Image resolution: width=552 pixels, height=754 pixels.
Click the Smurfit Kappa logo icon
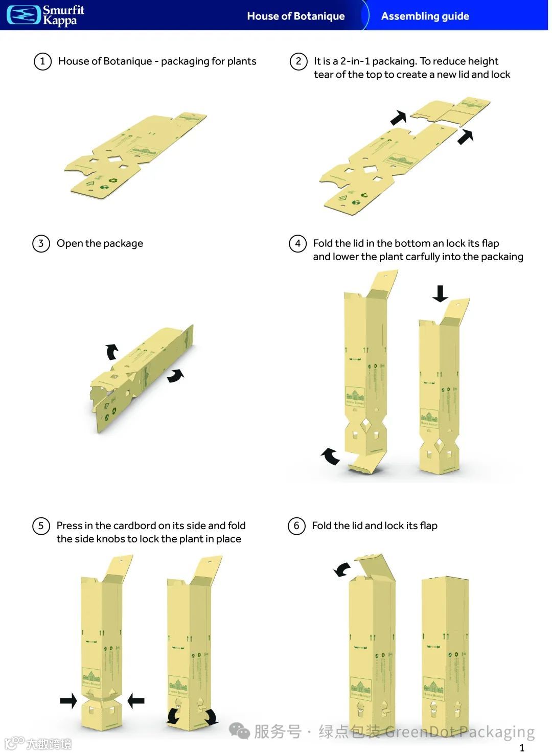23,15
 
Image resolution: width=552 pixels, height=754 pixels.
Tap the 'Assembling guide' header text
425,16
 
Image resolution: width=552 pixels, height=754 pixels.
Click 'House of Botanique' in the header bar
295,16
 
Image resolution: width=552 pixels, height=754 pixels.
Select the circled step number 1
42,62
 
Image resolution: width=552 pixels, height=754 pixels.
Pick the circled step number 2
298,62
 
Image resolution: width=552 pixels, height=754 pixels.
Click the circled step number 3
41,243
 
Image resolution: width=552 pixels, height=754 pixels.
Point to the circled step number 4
297,243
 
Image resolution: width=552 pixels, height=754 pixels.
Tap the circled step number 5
41,526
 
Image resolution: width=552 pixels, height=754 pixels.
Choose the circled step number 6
296,526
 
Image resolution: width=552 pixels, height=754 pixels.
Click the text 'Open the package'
100,243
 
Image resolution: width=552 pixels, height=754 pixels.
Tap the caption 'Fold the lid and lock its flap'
375,525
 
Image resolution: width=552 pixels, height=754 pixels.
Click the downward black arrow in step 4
440,293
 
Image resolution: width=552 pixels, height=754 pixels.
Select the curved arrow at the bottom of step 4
330,455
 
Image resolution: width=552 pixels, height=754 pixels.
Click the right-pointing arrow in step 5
68,700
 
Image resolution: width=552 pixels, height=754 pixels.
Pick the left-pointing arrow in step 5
136,700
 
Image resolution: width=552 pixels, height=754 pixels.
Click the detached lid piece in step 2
450,112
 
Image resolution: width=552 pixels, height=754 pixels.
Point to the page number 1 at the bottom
522,747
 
